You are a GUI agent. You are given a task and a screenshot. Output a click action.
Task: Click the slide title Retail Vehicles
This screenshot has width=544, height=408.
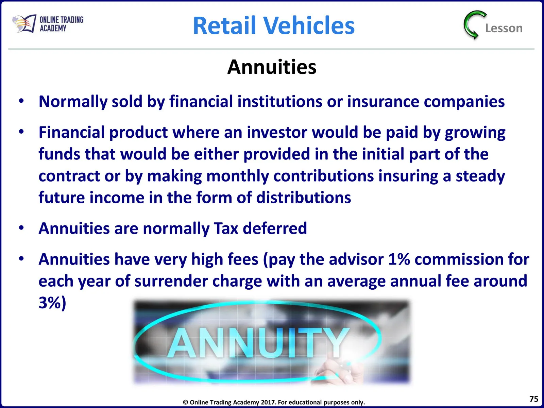(274, 25)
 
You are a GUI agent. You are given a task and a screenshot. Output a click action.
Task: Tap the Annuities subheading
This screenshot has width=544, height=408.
(272, 67)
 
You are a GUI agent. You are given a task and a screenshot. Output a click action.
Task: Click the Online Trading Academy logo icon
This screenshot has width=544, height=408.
(24, 24)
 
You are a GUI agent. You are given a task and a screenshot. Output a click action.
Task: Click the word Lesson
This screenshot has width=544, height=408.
(504, 28)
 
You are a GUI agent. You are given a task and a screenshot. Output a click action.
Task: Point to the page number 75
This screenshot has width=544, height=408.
(533, 399)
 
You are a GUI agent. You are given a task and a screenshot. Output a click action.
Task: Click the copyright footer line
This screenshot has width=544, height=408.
(274, 402)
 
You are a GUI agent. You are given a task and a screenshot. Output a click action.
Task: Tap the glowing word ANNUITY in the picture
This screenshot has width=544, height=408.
(258, 343)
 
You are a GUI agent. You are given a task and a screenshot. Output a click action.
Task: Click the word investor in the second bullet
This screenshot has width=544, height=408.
(277, 132)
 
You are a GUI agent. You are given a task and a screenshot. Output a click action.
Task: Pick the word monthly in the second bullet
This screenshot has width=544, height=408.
(238, 176)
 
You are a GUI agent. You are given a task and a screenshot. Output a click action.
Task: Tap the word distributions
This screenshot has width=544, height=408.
(304, 198)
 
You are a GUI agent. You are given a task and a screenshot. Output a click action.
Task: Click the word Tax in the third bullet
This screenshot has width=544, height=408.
(226, 228)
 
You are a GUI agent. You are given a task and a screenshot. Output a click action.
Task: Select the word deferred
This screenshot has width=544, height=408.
(275, 228)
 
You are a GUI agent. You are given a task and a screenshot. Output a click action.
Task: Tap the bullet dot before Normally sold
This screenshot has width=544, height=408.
(21, 101)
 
